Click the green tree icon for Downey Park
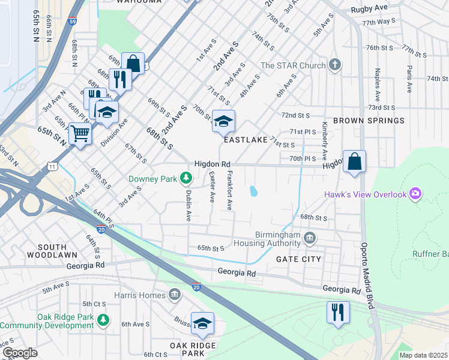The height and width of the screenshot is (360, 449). point(187,178)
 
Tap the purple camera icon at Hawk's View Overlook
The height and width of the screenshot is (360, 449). point(415,193)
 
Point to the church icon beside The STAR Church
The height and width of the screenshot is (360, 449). point(335,65)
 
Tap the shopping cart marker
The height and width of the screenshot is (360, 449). point(80,133)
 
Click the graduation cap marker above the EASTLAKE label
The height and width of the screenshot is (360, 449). point(223,121)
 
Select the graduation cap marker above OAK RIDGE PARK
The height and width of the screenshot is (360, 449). point(202,323)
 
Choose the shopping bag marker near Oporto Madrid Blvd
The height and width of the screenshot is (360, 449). point(354,161)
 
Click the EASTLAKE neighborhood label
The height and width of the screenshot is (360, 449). point(244,139)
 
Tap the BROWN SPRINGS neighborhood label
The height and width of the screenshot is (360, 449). point(369,121)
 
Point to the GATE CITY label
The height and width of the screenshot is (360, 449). point(298,259)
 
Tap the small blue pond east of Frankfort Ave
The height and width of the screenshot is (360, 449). point(254,191)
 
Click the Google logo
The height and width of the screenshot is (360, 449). point(20,353)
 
